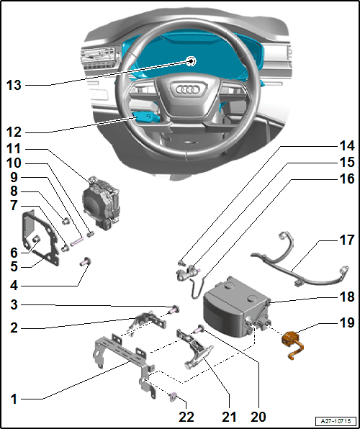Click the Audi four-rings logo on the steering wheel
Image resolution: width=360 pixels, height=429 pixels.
[x=188, y=89]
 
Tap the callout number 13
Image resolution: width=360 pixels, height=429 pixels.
[x=14, y=85]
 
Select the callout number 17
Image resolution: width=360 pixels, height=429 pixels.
[x=347, y=241]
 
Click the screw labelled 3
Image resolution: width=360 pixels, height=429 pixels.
[x=174, y=310]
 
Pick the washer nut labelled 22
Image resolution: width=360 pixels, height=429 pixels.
[x=174, y=397]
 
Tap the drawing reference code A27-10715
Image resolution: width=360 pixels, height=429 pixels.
[x=336, y=420]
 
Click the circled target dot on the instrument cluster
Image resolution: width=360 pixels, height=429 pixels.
[x=191, y=61]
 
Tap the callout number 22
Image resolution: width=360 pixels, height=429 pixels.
[x=186, y=417]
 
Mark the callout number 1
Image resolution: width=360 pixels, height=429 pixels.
[x=14, y=399]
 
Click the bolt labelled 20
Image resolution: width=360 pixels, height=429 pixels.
[x=199, y=329]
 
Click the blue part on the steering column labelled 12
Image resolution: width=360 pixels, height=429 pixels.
[x=145, y=117]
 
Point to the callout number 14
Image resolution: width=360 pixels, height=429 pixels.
[x=347, y=147]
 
